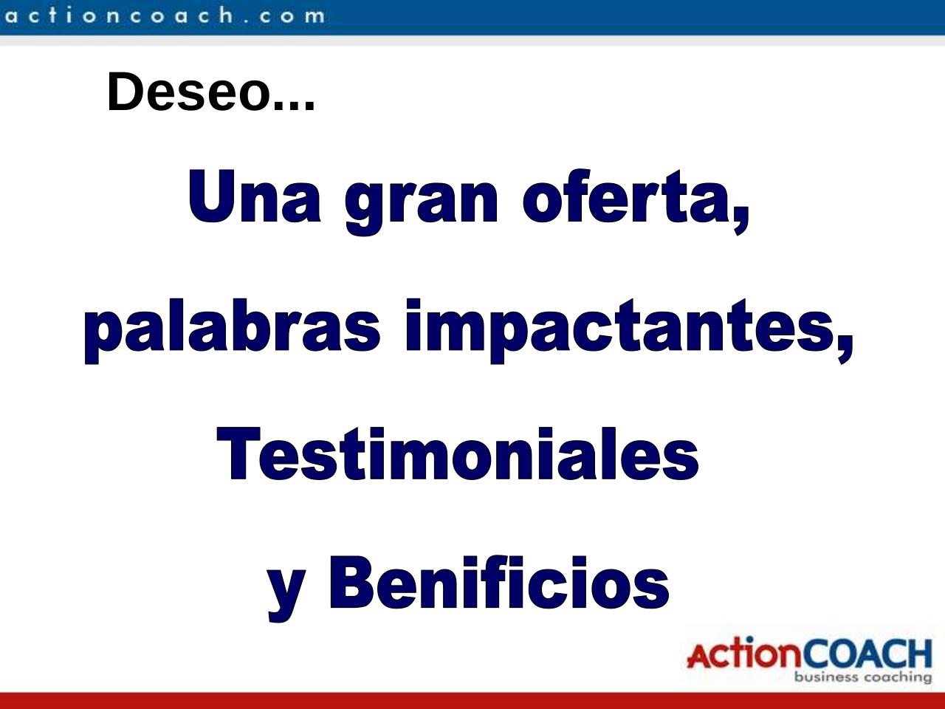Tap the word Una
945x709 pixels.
pos(255,196)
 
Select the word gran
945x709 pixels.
pos(422,203)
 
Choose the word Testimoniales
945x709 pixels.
pos(458,453)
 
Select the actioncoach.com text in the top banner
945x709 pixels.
pos(165,16)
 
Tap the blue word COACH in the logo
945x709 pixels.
pos(870,653)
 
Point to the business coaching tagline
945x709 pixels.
pos(863,677)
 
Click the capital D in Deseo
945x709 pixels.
pos(124,92)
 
